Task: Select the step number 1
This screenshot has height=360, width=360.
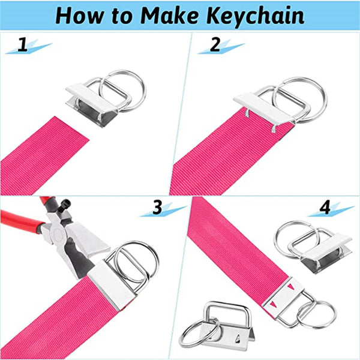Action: click(x=23, y=44)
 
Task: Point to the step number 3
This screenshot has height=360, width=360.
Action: click(x=157, y=208)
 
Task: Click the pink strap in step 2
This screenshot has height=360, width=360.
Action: click(x=228, y=156)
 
